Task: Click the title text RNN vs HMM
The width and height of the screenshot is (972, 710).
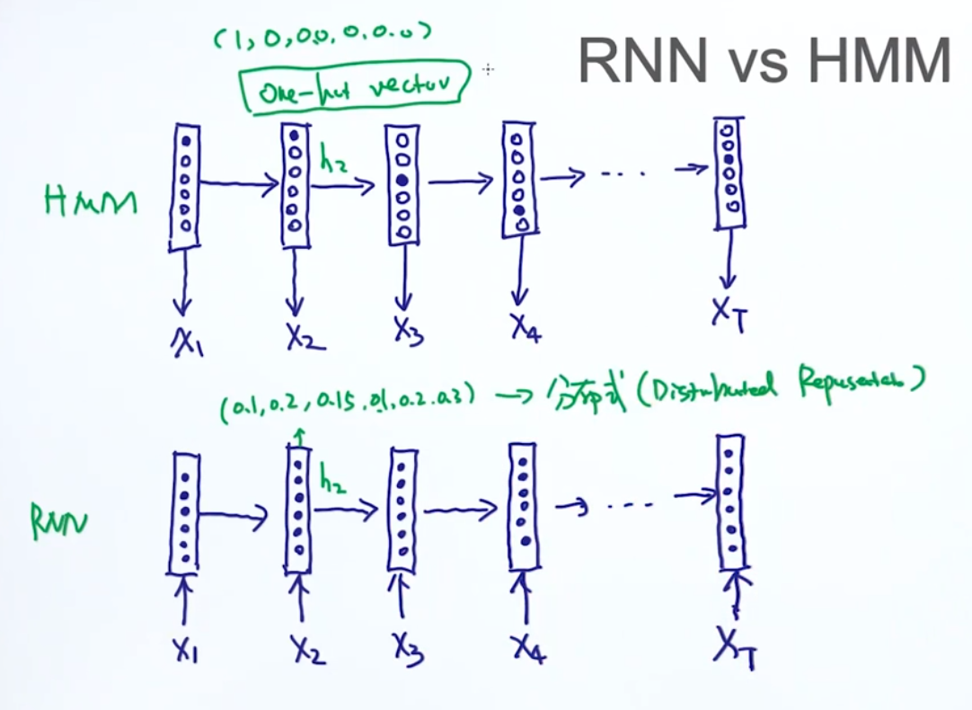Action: coord(764,62)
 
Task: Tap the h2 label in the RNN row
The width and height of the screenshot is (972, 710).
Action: coord(331,483)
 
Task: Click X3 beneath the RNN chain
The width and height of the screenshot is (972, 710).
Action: coord(407,643)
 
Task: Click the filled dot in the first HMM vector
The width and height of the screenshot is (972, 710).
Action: coord(186,141)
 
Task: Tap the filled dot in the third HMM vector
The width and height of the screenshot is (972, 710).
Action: coord(403,181)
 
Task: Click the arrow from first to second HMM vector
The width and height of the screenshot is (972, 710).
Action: coord(239,186)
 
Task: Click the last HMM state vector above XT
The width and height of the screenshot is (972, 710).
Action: coord(729,172)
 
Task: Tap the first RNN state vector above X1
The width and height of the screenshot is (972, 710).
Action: coord(184,512)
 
